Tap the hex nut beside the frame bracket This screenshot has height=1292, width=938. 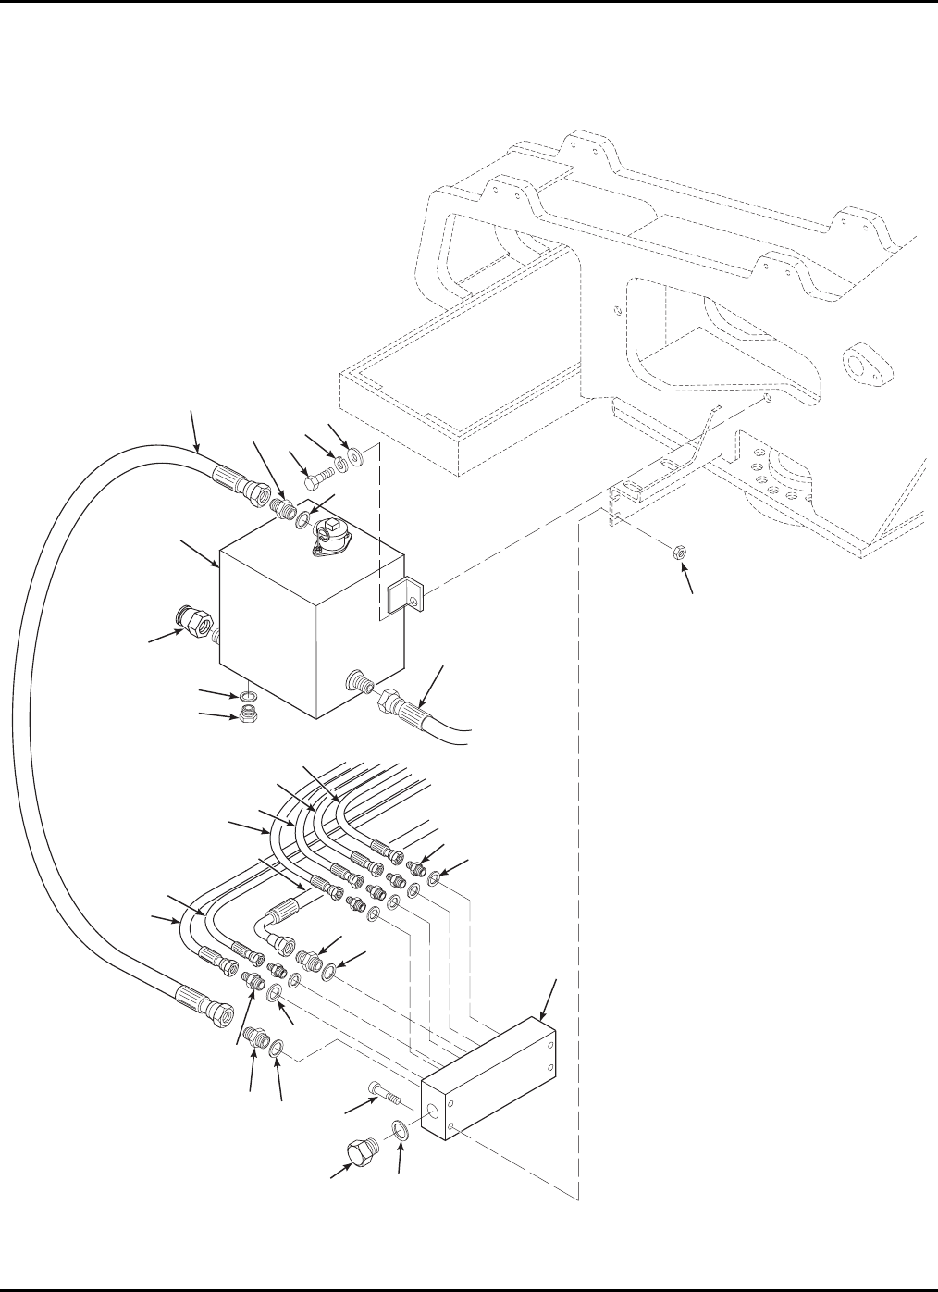(x=676, y=553)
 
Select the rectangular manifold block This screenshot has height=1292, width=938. (x=490, y=1074)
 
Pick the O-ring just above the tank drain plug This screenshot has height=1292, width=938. (x=246, y=695)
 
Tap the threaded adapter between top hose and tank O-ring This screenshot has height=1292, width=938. (x=283, y=509)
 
